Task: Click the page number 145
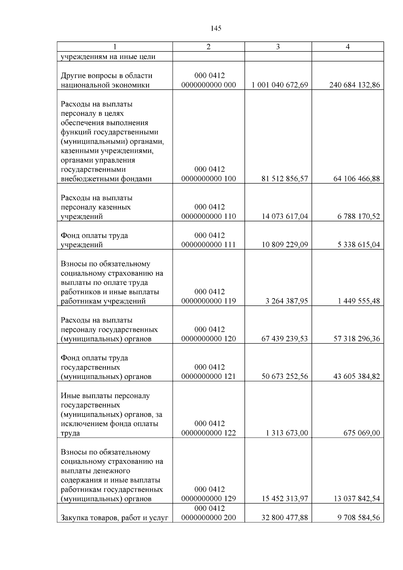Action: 216,29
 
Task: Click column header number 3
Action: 278,47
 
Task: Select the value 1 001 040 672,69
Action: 280,85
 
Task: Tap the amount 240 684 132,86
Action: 354,85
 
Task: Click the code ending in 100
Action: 209,179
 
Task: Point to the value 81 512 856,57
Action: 284,179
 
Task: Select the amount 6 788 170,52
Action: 359,216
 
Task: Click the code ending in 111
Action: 209,245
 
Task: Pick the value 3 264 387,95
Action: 286,301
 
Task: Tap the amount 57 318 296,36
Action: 356,339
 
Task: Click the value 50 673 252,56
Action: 284,377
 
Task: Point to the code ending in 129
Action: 209,499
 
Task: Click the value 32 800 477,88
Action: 284,518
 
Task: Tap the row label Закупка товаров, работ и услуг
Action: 114,518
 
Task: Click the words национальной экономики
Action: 105,85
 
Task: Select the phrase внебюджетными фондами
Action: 106,179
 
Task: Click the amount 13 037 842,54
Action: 356,499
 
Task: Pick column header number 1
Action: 115,47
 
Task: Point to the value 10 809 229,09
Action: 284,245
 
